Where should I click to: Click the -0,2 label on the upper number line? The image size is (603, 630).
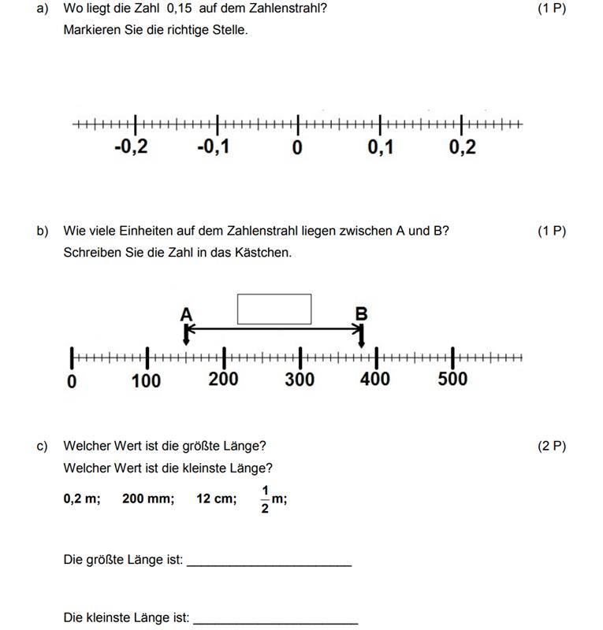pyautogui.click(x=131, y=147)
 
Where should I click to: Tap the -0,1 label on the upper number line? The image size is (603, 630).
pyautogui.click(x=214, y=147)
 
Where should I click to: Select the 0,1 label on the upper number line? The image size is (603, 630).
pyautogui.click(x=381, y=147)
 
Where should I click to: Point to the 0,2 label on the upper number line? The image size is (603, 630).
pyautogui.click(x=463, y=147)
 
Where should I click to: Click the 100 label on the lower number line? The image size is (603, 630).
pyautogui.click(x=146, y=380)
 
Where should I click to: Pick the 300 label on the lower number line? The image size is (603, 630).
pyautogui.click(x=300, y=380)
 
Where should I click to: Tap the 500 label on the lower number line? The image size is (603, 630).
pyautogui.click(x=452, y=379)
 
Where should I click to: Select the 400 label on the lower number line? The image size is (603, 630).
pyautogui.click(x=374, y=379)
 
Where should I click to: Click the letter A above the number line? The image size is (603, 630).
pyautogui.click(x=186, y=315)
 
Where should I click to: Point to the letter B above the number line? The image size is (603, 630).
pyautogui.click(x=361, y=314)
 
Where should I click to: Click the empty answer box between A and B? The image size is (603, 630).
pyautogui.click(x=274, y=309)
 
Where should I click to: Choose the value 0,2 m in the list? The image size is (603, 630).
pyautogui.click(x=82, y=498)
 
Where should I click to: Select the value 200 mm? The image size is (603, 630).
pyautogui.click(x=148, y=498)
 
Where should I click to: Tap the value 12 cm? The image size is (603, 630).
pyautogui.click(x=216, y=498)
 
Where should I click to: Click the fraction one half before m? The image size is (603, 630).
pyautogui.click(x=265, y=499)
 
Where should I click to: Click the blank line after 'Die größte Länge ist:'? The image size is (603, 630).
pyautogui.click(x=269, y=562)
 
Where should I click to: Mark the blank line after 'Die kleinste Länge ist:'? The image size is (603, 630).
pyautogui.click(x=275, y=619)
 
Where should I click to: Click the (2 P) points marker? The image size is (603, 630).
pyautogui.click(x=552, y=446)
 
